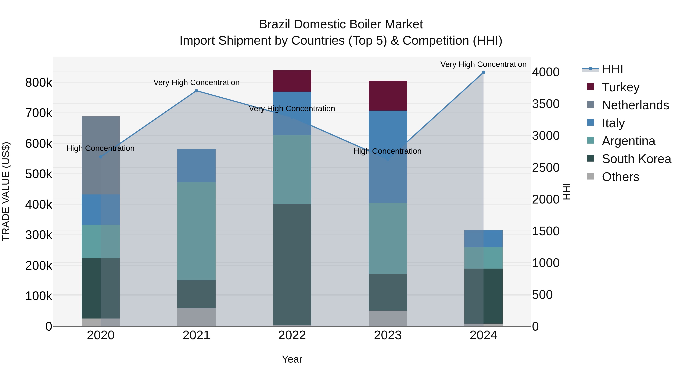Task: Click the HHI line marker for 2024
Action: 483,72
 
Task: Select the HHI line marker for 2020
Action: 101,157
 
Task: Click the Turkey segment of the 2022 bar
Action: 292,81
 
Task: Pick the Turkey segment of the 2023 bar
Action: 388,96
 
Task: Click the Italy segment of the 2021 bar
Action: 196,166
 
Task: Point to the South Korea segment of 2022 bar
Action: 292,264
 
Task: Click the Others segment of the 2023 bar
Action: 388,318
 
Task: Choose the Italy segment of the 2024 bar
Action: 483,239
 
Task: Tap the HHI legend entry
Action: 612,69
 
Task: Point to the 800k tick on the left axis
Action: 39,83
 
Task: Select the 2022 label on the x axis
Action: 292,335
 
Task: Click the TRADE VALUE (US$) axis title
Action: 6,191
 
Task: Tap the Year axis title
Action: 292,359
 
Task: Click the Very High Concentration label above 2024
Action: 483,64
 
